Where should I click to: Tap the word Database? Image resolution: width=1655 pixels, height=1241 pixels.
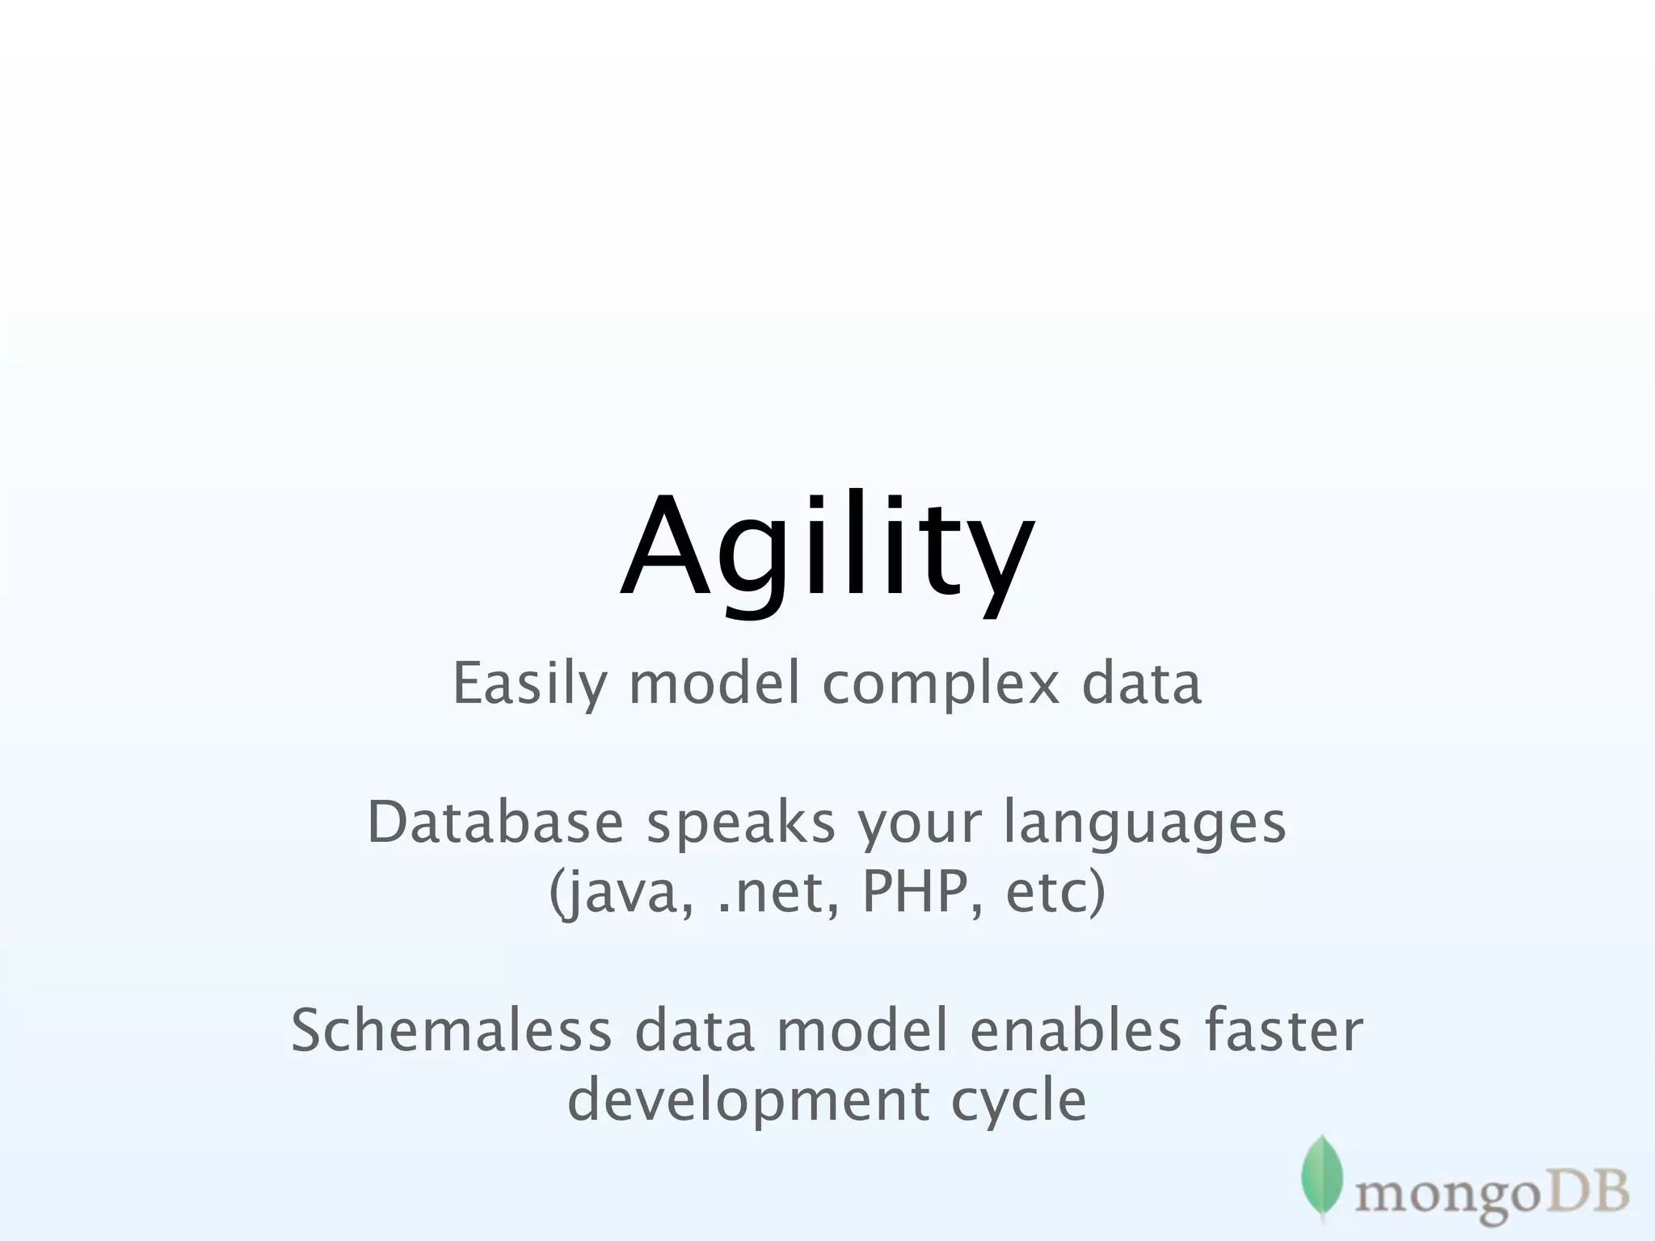(495, 822)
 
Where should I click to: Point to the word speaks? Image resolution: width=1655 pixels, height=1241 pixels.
(740, 822)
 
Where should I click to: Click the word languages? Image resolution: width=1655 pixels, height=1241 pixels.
(1144, 822)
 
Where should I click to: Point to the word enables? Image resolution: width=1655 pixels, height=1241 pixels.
(1076, 1032)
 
